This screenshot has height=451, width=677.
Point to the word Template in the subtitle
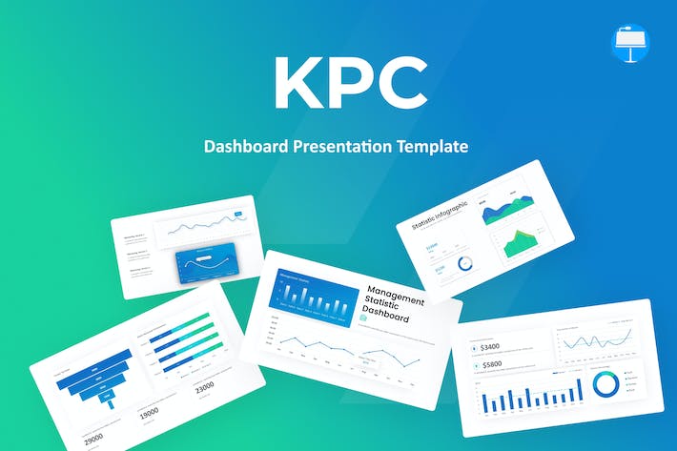tap(435, 147)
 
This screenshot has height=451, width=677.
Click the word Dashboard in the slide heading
tap(388, 317)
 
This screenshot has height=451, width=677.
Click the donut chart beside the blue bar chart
tap(604, 384)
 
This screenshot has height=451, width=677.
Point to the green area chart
tap(521, 244)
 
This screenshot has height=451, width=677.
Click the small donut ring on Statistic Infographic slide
tap(464, 263)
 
